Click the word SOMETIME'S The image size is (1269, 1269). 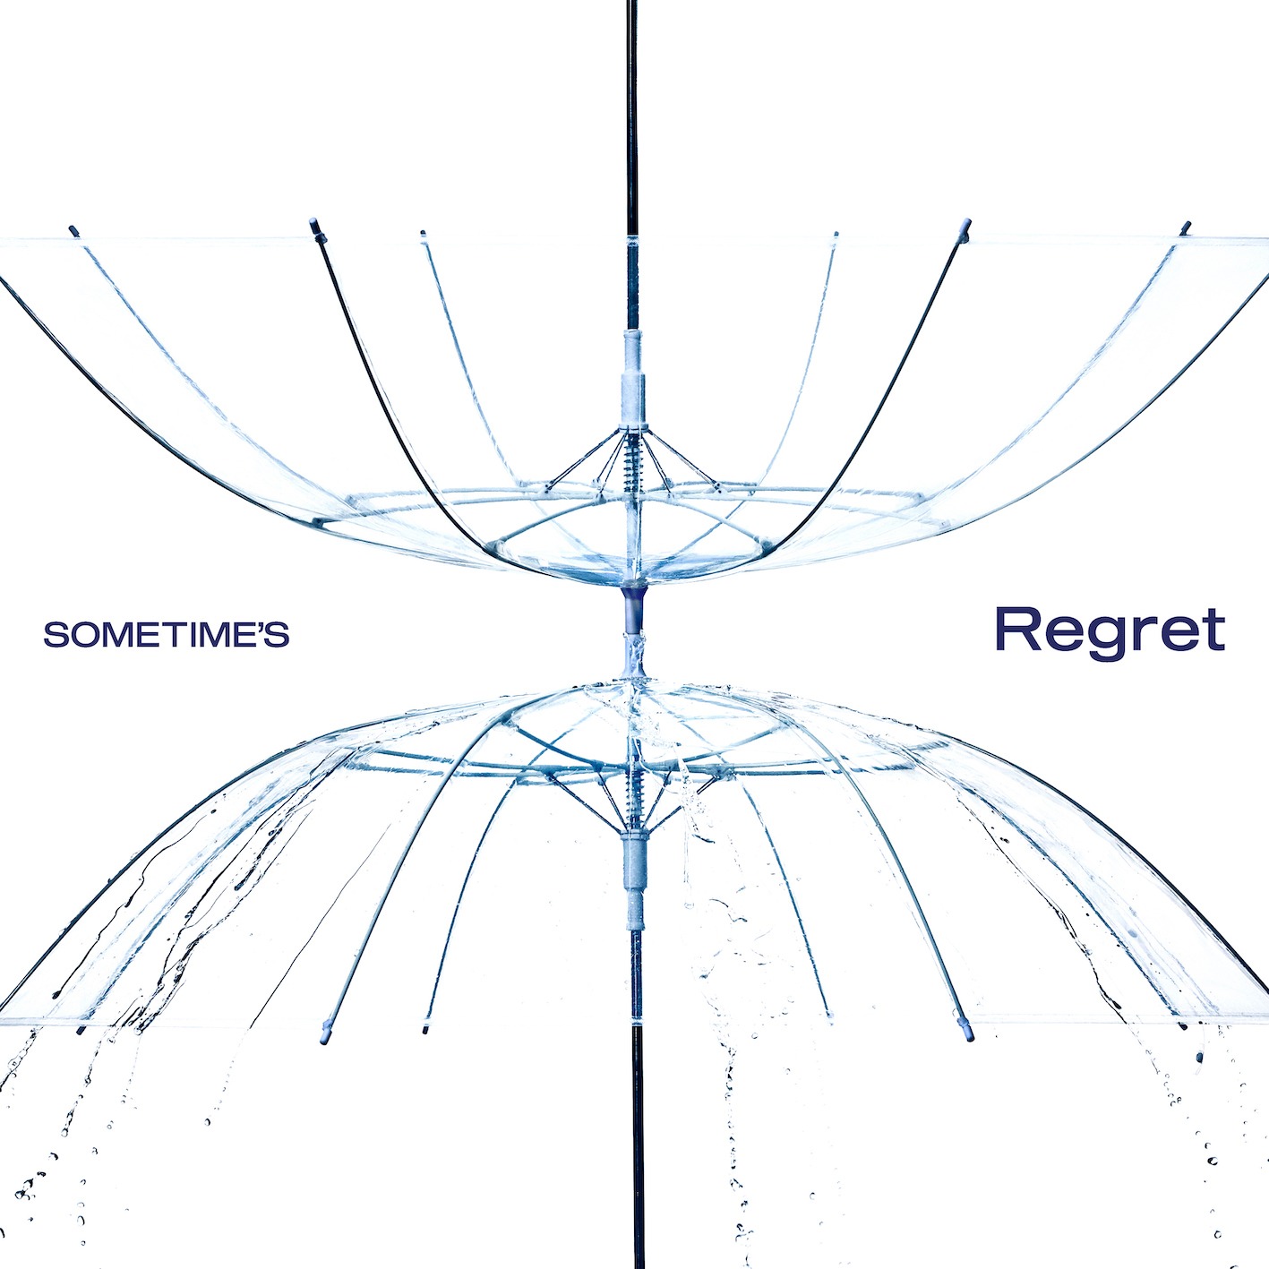pos(167,635)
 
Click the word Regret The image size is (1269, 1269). pos(1110,630)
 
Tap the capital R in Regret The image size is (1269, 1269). pos(1016,629)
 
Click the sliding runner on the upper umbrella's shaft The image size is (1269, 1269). pos(633,376)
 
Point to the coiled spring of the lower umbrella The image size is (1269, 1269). pos(635,788)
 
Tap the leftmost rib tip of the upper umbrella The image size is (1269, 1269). pos(73,231)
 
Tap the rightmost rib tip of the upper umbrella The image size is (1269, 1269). pos(1187,227)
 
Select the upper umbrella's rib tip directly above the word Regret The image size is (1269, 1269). pos(965,224)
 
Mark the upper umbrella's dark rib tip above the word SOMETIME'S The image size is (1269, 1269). pos(314,224)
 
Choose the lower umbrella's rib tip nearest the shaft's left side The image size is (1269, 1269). pos(426,1029)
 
